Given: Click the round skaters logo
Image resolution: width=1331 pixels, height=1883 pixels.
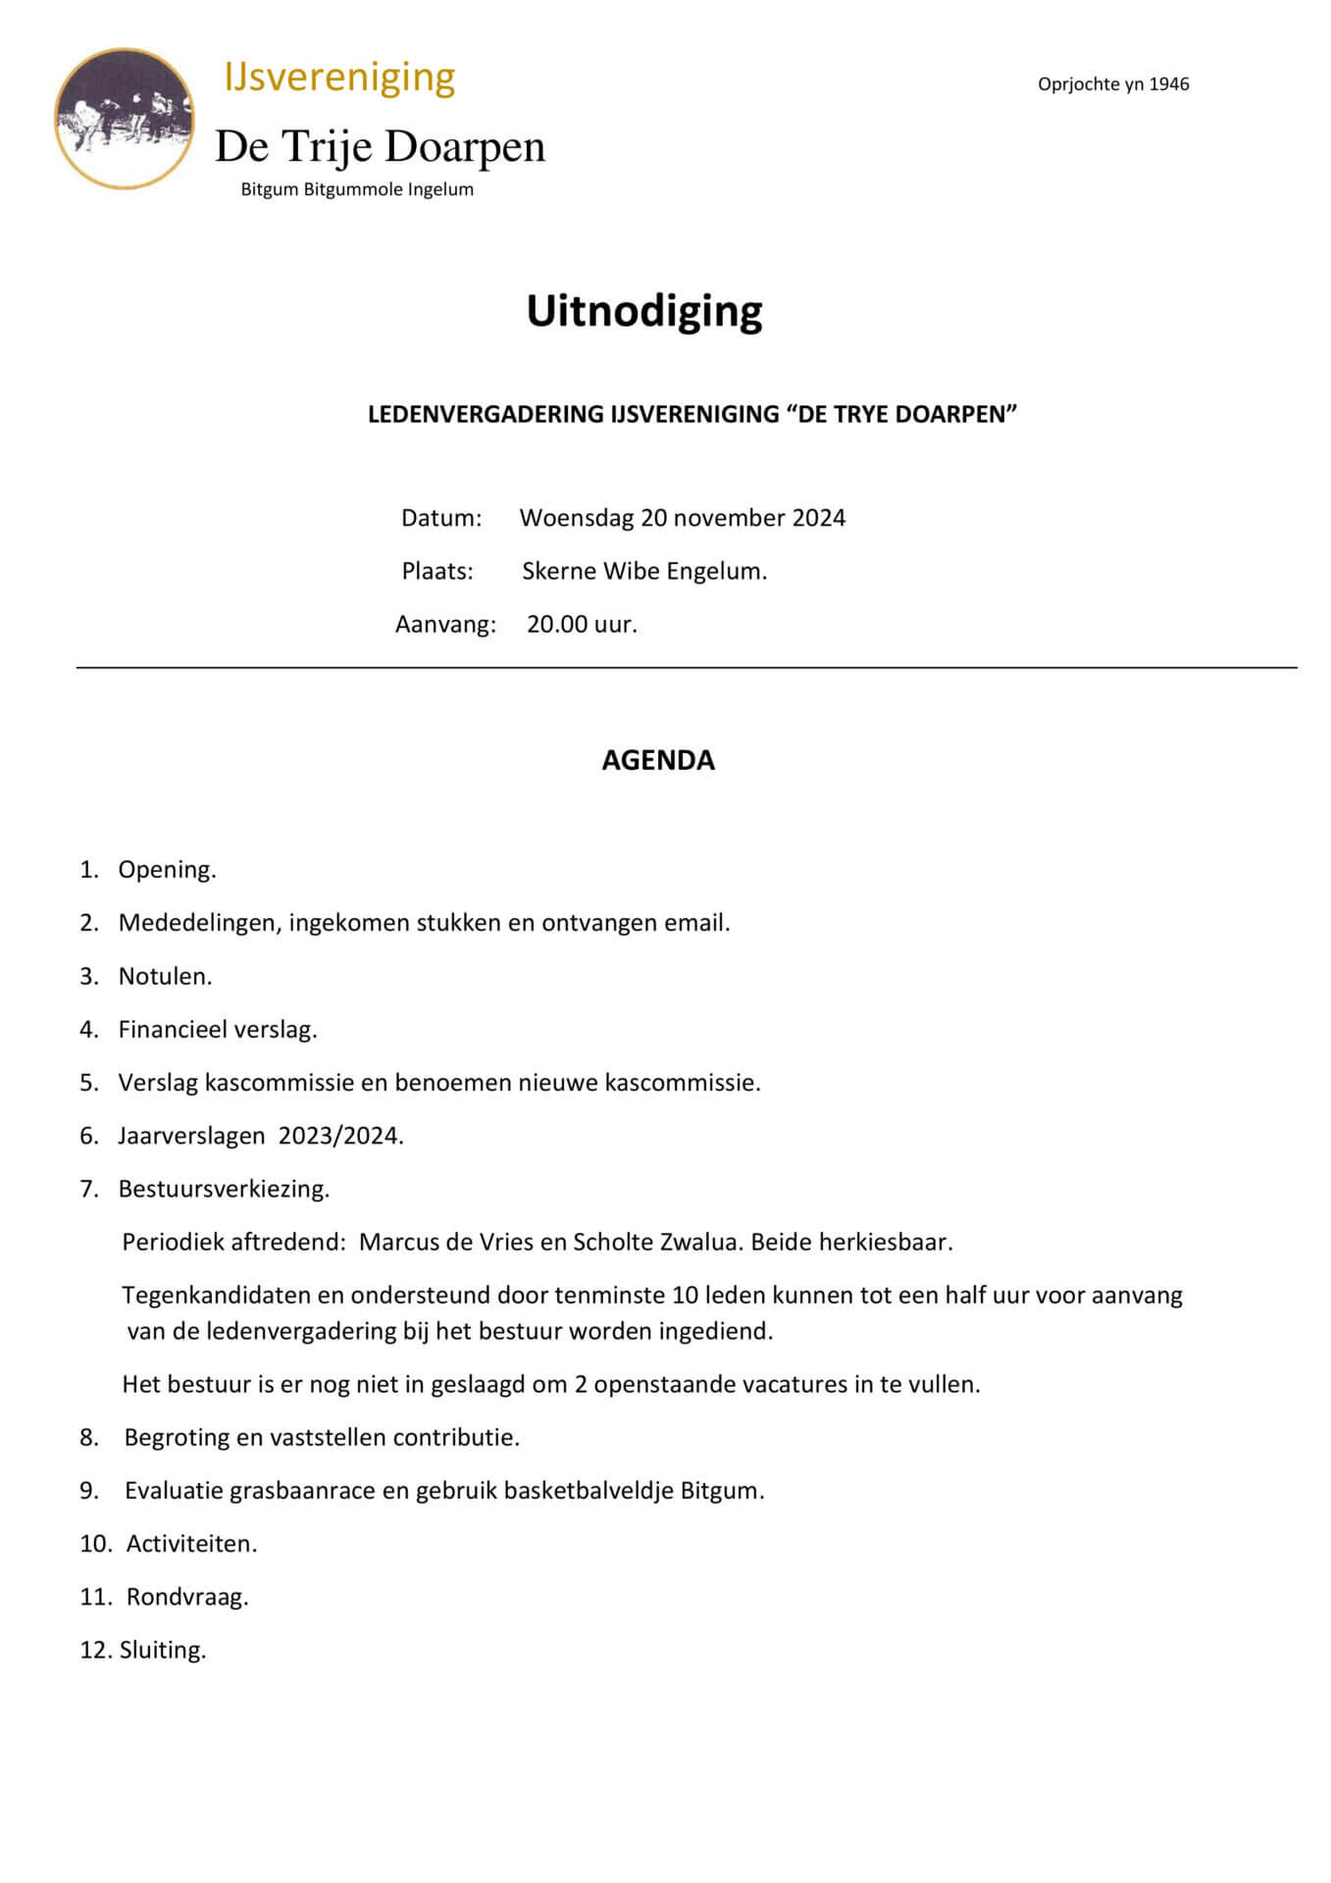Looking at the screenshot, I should pyautogui.click(x=124, y=118).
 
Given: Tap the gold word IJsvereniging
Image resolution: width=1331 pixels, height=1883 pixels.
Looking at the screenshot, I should pyautogui.click(x=339, y=77).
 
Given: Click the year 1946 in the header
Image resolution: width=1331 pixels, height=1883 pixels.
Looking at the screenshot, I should pyautogui.click(x=1168, y=84).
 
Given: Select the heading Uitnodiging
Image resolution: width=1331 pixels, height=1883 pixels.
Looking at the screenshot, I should pyautogui.click(x=644, y=311).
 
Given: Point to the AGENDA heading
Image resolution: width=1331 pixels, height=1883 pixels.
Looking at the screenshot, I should pyautogui.click(x=658, y=760).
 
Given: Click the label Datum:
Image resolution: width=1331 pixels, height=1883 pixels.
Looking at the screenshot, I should pyautogui.click(x=441, y=518).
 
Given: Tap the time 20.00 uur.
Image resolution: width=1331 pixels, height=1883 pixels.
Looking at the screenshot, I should pyautogui.click(x=582, y=624).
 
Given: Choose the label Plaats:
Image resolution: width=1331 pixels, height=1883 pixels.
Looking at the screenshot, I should pyautogui.click(x=437, y=571).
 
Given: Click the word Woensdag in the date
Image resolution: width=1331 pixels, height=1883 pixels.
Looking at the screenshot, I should pyautogui.click(x=577, y=518).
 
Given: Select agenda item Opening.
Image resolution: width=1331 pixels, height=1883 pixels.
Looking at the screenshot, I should pyautogui.click(x=167, y=869).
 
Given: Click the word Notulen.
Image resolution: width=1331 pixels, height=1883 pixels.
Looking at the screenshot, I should pyautogui.click(x=165, y=976).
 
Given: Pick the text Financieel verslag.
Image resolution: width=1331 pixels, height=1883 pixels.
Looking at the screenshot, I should pyautogui.click(x=218, y=1029).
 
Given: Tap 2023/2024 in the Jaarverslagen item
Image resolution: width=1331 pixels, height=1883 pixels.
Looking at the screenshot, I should pyautogui.click(x=340, y=1136).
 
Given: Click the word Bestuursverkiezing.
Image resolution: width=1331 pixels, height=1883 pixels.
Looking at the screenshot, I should pyautogui.click(x=224, y=1189).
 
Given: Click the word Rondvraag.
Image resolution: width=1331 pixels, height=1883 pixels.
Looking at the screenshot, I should pyautogui.click(x=187, y=1597).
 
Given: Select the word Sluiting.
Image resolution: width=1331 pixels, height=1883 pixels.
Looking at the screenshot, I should pyautogui.click(x=163, y=1650).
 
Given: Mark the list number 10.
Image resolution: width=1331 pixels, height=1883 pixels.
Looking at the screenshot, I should pyautogui.click(x=95, y=1544).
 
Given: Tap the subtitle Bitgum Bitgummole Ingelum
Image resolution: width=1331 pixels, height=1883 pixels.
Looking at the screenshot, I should pyautogui.click(x=357, y=189).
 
